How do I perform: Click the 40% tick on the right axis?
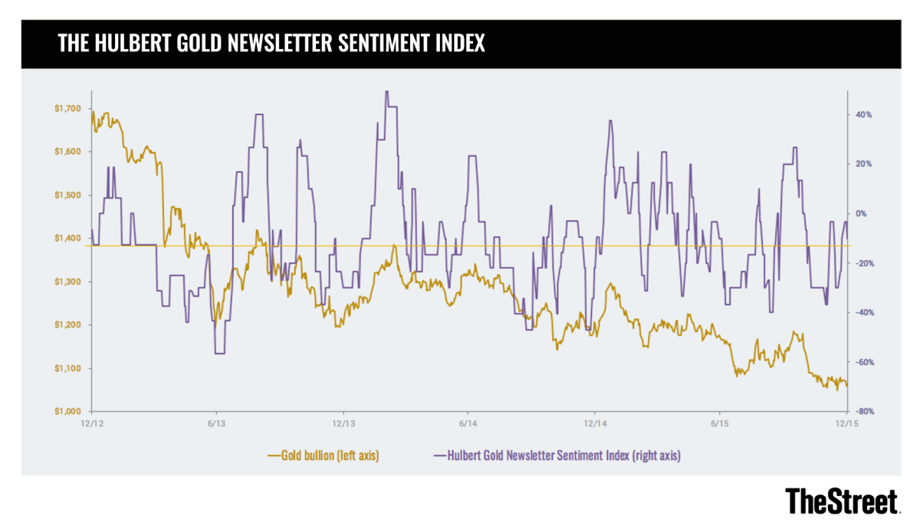(863, 115)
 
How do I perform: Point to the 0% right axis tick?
(860, 214)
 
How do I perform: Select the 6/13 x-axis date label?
(217, 423)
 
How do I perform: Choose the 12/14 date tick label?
(595, 423)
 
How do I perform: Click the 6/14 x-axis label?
(468, 423)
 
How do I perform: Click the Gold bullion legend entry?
(324, 455)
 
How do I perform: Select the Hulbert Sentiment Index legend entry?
(557, 455)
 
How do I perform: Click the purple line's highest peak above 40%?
(386, 92)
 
